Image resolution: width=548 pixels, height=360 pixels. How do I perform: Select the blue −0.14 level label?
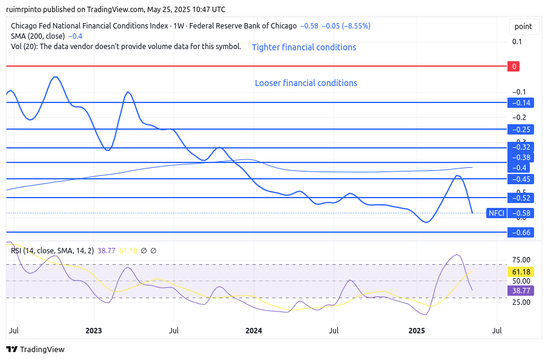[520, 103]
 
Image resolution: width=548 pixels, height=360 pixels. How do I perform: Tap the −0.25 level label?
[520, 129]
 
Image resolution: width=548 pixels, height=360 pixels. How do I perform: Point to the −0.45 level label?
[520, 179]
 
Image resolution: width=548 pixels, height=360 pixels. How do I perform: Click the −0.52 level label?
[520, 198]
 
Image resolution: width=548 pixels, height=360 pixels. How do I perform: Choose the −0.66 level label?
[520, 232]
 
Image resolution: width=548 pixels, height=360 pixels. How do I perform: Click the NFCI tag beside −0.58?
[497, 213]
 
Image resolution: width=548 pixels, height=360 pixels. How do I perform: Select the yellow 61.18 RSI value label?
[520, 273]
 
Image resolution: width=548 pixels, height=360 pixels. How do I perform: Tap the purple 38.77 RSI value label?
[520, 291]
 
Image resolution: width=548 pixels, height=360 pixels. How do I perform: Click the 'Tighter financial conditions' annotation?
[304, 47]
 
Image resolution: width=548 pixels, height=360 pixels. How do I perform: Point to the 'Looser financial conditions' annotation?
[306, 83]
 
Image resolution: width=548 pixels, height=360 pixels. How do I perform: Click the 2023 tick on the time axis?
[93, 331]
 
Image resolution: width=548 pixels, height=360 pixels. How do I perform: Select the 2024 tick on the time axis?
[254, 331]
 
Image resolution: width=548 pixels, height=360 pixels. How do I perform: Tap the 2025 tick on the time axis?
[417, 331]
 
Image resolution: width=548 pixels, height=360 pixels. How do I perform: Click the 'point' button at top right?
[523, 27]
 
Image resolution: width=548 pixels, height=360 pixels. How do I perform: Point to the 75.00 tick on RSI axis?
[521, 260]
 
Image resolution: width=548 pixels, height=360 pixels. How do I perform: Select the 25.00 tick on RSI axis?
[521, 302]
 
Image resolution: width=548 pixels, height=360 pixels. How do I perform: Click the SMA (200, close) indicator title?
[38, 36]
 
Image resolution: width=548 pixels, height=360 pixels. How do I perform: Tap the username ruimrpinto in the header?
[27, 9]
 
